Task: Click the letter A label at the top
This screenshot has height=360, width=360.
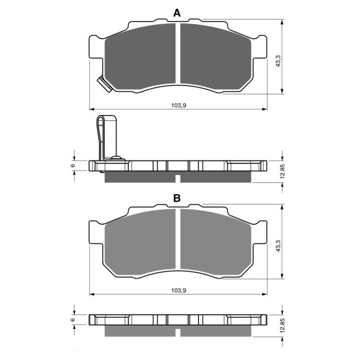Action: (x=177, y=13)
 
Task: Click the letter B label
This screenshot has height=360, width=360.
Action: (x=177, y=198)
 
